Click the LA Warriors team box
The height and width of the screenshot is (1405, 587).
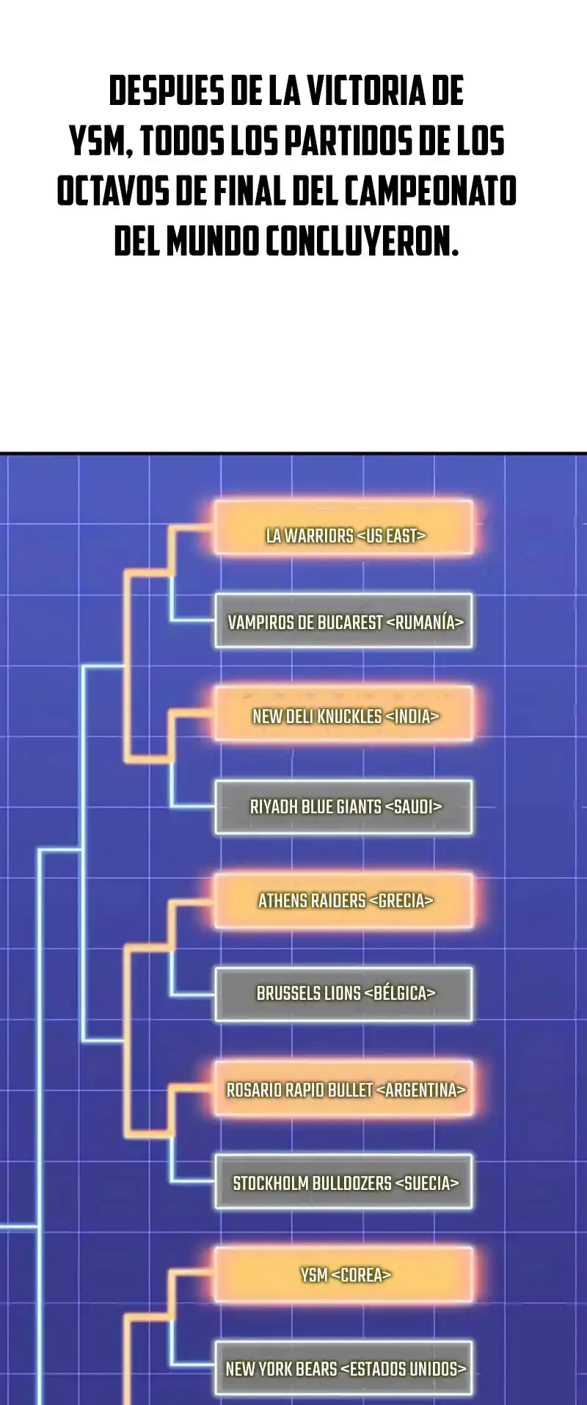[x=343, y=527]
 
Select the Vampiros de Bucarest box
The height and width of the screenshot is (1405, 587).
[x=343, y=621]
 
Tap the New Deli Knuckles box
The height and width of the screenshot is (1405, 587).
[x=343, y=714]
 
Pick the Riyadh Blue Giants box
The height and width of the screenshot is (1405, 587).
[x=343, y=807]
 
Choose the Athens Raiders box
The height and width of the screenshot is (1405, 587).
[x=343, y=900]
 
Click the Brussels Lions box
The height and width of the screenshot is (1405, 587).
[x=343, y=994]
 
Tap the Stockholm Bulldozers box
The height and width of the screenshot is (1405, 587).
[x=343, y=1183]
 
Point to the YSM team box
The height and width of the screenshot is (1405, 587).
[x=343, y=1275]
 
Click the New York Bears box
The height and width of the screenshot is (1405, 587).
[x=343, y=1368]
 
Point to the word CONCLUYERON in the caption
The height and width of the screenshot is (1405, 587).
[x=362, y=241]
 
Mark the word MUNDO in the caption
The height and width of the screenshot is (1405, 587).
[x=212, y=241]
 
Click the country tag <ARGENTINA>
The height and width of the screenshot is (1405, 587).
[x=420, y=1090]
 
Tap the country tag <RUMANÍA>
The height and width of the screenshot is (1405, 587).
[x=425, y=622]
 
